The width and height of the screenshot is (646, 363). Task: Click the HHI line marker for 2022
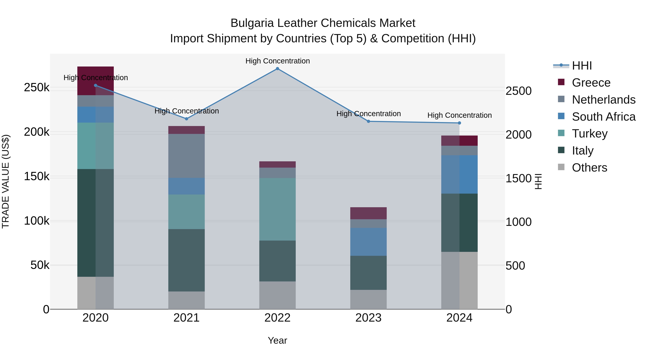coord(277,69)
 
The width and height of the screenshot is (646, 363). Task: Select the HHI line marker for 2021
coord(186,119)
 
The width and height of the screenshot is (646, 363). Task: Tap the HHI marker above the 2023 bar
coord(368,121)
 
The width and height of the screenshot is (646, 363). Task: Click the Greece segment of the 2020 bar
coord(95,81)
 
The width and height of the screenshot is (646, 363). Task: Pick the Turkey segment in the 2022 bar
coord(277,209)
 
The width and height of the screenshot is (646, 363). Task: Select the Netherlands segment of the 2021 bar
coord(186,156)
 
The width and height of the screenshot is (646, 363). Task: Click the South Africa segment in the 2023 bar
coord(368,242)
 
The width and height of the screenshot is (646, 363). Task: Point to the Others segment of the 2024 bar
coord(459,280)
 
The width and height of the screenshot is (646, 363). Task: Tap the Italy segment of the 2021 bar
coord(186,260)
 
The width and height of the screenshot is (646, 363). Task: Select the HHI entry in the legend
coord(582,66)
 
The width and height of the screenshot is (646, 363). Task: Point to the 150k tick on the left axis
coord(37,177)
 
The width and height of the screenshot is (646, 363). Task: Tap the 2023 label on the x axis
coord(368,318)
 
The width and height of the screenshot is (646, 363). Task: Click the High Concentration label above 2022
coord(277,61)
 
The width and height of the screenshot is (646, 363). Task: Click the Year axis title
coord(277,340)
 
